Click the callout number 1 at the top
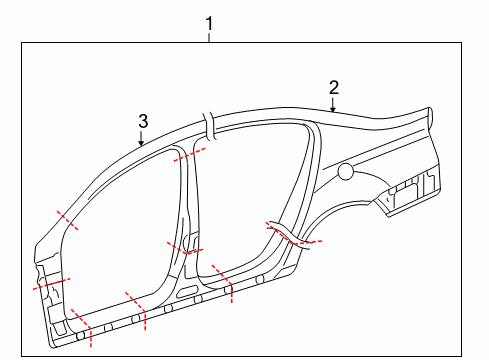[x=209, y=24]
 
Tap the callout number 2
[x=334, y=88]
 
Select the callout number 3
[x=143, y=121]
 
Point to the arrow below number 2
[x=333, y=105]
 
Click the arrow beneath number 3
[x=141, y=138]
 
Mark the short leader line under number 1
[x=209, y=37]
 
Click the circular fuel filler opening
[x=346, y=172]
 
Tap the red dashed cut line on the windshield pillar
[x=68, y=221]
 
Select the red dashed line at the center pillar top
[x=189, y=155]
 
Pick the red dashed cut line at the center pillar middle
[x=185, y=248]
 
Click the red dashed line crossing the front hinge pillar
[x=51, y=284]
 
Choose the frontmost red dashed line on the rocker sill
[x=82, y=326]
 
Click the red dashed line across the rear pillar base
[x=293, y=234]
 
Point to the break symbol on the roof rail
[x=209, y=126]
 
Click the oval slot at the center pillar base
[x=186, y=291]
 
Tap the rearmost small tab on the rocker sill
[x=260, y=280]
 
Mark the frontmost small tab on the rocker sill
[x=81, y=336]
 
